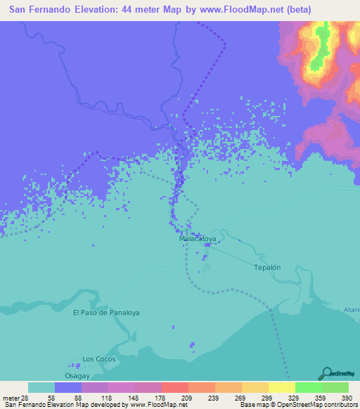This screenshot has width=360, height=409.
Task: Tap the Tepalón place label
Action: pos(267,268)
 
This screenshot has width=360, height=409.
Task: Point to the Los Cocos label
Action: pos(98,359)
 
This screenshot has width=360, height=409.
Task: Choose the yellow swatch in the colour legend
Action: pos(281,387)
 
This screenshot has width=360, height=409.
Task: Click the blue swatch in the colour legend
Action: pos(68,387)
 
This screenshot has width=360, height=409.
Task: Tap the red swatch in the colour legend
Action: pos(175,387)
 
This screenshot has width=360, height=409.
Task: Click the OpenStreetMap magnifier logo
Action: pos(327,373)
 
